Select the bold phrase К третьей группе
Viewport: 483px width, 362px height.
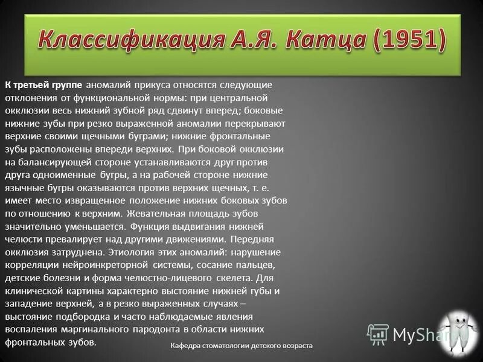(45, 84)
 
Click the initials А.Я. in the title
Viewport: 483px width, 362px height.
(248, 40)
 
